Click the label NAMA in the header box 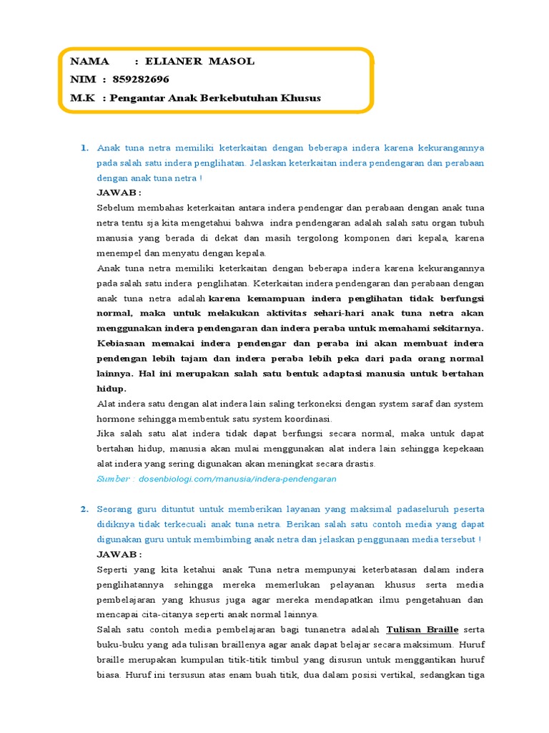point(90,62)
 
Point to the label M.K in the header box point(82,97)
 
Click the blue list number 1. point(84,148)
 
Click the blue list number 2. point(84,509)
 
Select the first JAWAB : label point(119,193)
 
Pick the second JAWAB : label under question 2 point(119,554)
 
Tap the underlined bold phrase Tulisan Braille point(422,629)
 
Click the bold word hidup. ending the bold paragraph point(112,389)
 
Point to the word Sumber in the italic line point(114,478)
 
